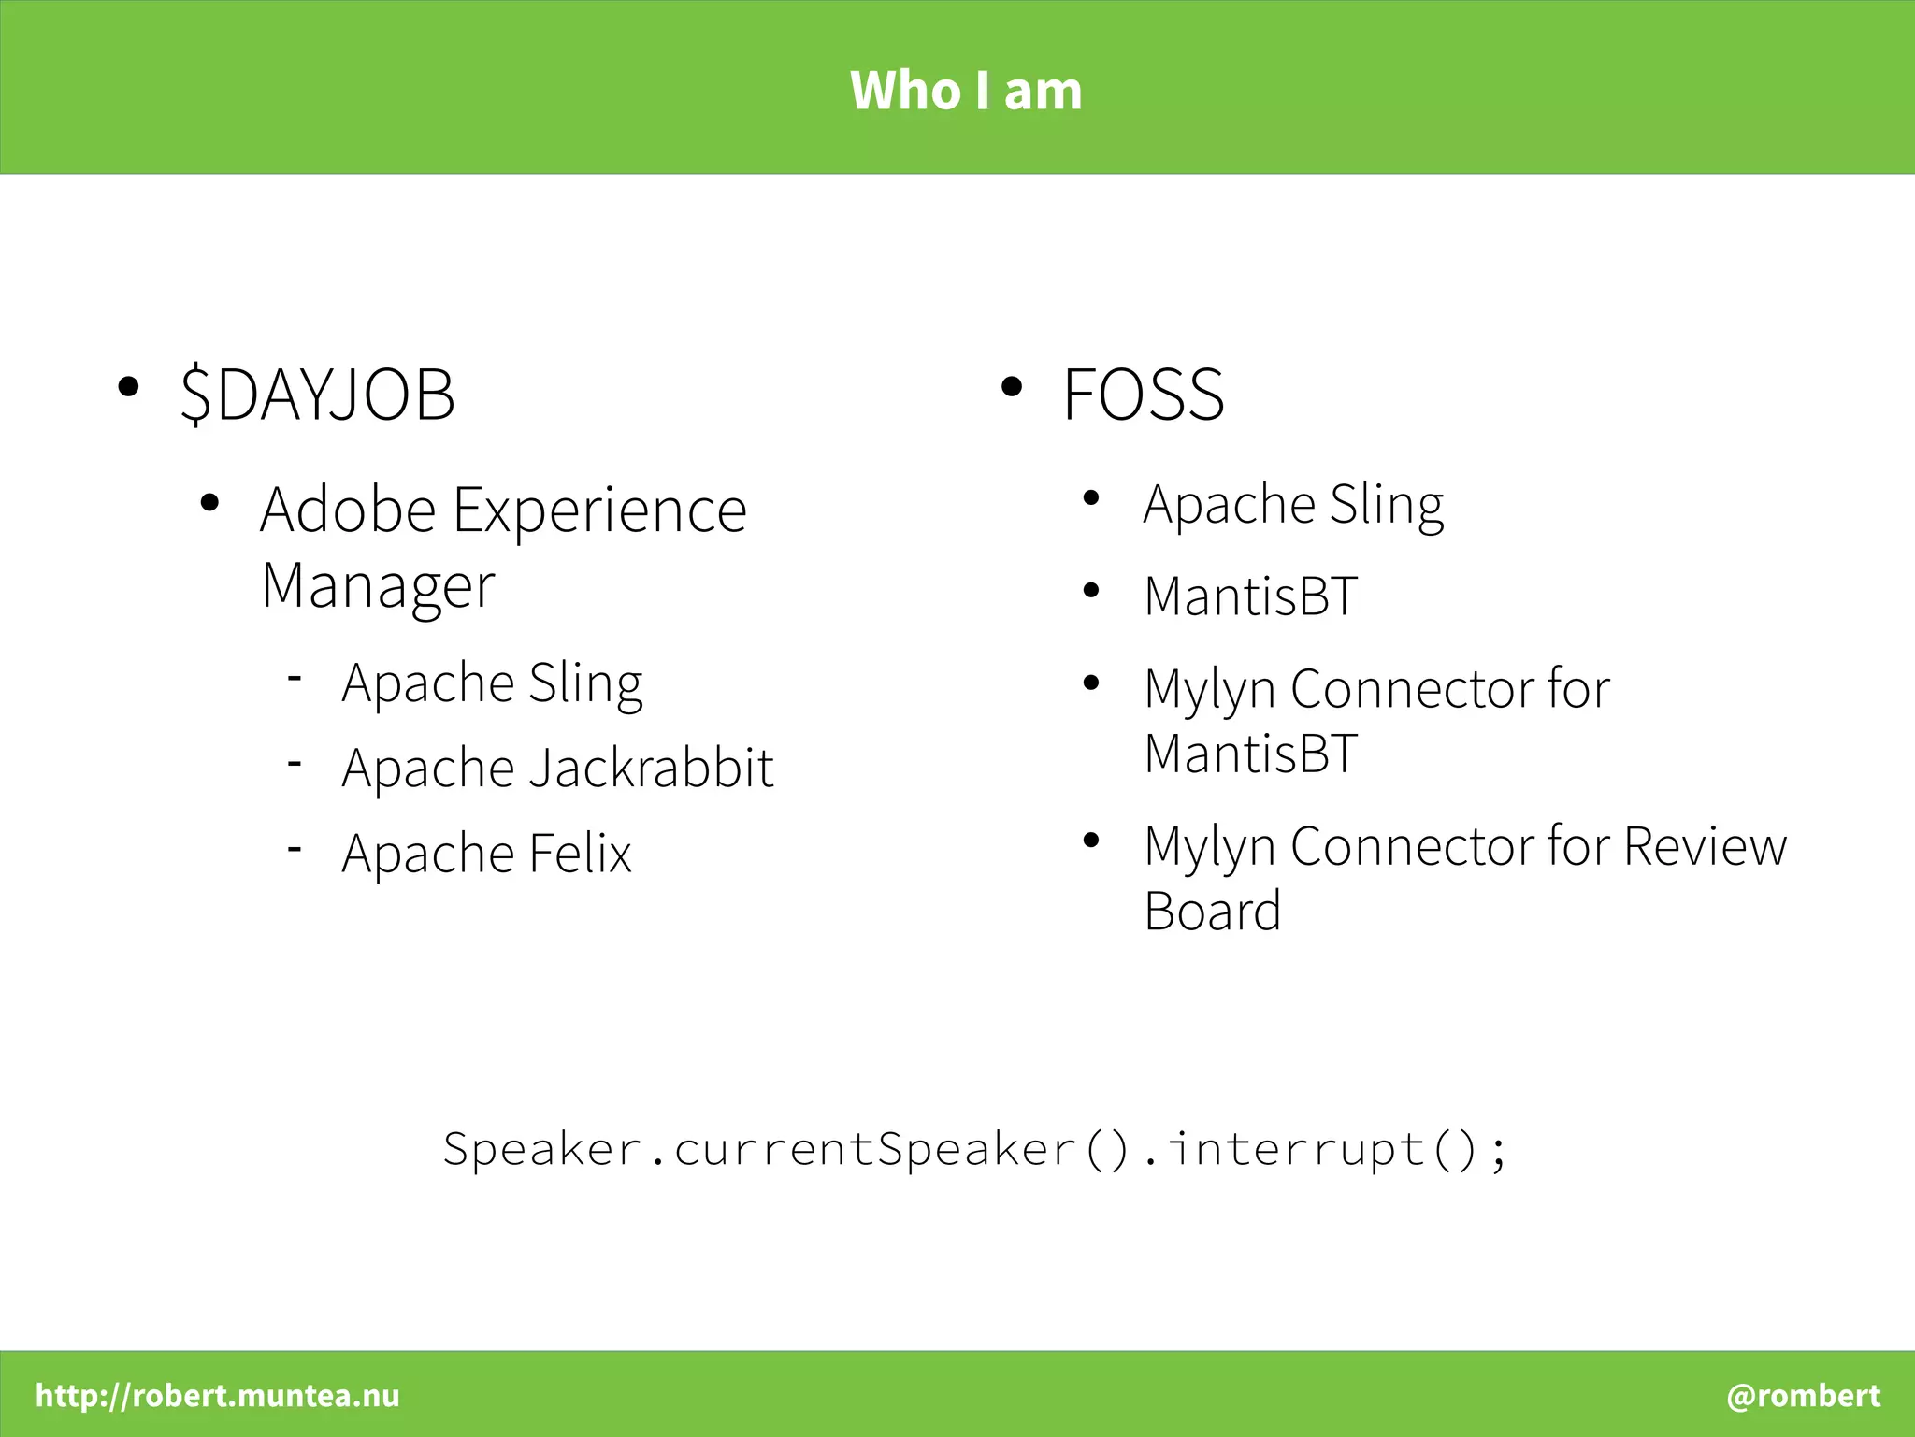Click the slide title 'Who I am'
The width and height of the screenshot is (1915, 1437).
966,91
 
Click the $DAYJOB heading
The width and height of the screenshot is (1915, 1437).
318,395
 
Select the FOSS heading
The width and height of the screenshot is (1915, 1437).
1143,395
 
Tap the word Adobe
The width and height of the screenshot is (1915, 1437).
348,510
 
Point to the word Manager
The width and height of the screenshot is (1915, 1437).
378,587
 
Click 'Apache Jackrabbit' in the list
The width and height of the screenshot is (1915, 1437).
557,769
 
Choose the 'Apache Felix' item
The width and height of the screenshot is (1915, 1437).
486,854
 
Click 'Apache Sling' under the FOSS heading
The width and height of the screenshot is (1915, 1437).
1293,505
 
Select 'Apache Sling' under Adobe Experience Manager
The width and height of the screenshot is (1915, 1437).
492,683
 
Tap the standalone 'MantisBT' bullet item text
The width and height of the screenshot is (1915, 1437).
1250,596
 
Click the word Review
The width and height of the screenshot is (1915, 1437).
1705,847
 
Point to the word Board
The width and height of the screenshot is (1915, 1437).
1212,912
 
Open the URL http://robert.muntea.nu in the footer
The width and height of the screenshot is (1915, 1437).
217,1395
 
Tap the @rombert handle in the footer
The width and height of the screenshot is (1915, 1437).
1803,1395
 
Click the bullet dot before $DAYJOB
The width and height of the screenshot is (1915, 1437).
128,387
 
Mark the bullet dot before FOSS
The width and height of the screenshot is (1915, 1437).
1011,387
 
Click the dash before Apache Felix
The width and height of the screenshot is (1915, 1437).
295,849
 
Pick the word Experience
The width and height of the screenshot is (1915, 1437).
599,510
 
